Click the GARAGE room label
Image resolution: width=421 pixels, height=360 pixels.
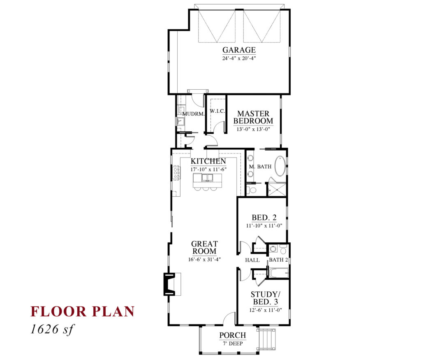pos(239,50)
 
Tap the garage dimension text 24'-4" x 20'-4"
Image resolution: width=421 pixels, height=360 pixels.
pos(239,58)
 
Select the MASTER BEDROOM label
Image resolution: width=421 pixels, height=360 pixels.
pos(253,117)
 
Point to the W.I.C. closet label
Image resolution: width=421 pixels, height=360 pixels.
pos(217,111)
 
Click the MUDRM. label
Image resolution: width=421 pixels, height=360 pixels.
pos(194,114)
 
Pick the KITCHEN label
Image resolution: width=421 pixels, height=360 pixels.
pos(208,161)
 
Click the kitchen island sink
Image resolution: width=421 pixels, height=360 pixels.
pos(207,178)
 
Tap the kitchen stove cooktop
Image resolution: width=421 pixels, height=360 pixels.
pos(176,173)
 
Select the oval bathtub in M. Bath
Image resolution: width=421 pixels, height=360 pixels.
pos(280,166)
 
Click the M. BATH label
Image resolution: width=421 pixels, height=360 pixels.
pos(260,167)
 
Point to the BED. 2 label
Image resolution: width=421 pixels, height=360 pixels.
pos(264,217)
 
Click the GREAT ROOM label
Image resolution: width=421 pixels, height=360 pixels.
pos(204,247)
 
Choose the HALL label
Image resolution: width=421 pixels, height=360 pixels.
pos(252,260)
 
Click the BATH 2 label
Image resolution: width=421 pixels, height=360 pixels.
pos(278,260)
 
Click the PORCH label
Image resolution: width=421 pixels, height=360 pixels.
pos(233,335)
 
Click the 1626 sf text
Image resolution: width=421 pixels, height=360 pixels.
pos(52,329)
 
